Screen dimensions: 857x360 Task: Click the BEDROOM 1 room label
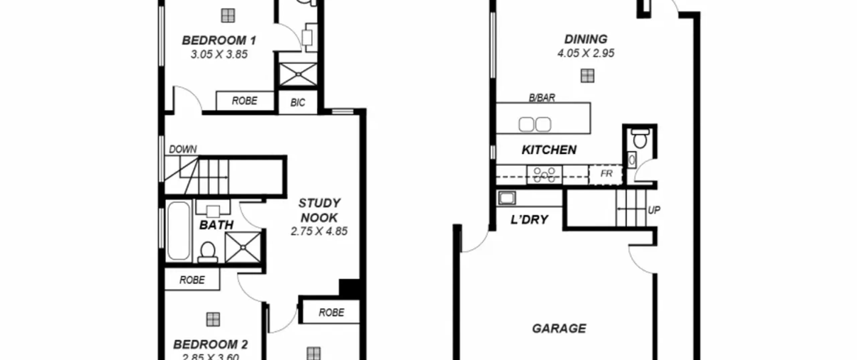pos(219,41)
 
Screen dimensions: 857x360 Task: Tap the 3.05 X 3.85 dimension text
pos(219,54)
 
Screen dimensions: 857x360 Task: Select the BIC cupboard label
pos(298,102)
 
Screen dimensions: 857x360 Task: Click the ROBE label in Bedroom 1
pos(245,101)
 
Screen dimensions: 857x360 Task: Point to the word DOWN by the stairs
pos(183,149)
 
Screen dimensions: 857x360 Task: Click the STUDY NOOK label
pos(319,210)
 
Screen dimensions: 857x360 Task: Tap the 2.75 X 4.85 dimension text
pos(319,231)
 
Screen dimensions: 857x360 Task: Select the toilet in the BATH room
pos(208,252)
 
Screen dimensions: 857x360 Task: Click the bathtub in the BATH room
pos(179,230)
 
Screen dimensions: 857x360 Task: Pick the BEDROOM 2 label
pos(210,344)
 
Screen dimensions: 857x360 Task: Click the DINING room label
pos(586,40)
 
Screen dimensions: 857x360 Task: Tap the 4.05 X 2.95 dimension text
pos(586,53)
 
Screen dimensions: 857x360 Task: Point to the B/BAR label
pos(542,98)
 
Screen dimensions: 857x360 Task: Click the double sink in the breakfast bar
pos(535,125)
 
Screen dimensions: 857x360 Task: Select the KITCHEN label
pos(549,150)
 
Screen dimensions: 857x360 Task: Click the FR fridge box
pos(606,174)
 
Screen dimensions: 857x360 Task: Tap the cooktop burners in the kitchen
pos(544,175)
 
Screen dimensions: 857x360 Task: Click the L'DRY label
pos(529,220)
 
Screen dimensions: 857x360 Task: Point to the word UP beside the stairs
pos(654,210)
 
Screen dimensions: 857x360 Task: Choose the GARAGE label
pos(559,329)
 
